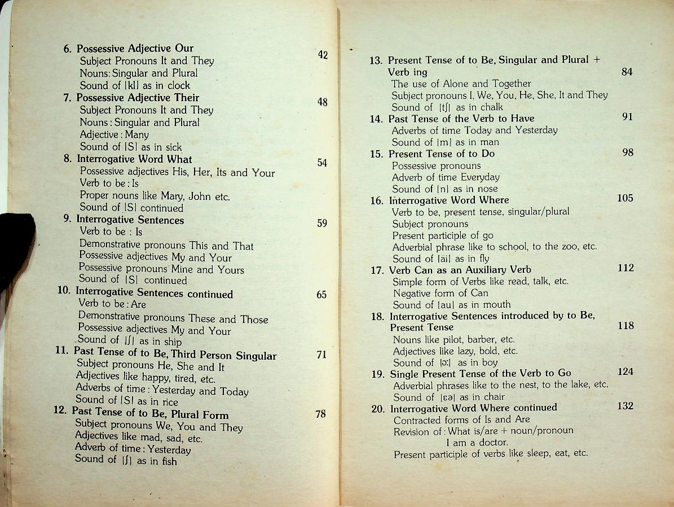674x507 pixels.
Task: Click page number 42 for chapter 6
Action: pyautogui.click(x=323, y=55)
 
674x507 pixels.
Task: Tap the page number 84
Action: pyautogui.click(x=627, y=72)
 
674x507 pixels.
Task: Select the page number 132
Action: pyautogui.click(x=625, y=406)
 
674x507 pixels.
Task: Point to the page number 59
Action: pyautogui.click(x=321, y=223)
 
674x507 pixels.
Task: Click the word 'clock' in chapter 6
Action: pyautogui.click(x=179, y=86)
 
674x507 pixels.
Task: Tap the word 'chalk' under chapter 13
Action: pyautogui.click(x=491, y=107)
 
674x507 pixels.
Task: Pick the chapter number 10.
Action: pyautogui.click(x=64, y=290)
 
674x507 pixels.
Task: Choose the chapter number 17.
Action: pyautogui.click(x=377, y=270)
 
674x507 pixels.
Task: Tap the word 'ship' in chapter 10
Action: pyautogui.click(x=173, y=342)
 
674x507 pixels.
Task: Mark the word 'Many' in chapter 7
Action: pyautogui.click(x=137, y=135)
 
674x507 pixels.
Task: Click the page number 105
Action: pyautogui.click(x=625, y=198)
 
